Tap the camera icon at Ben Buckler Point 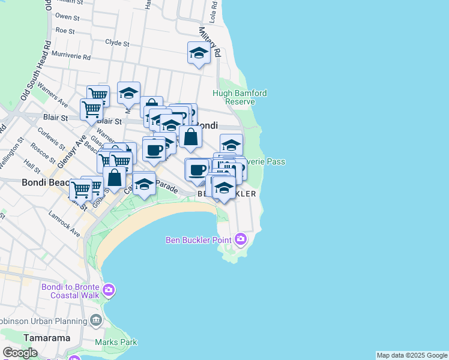(241, 239)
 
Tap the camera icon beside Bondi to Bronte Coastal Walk (108, 291)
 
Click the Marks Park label (116, 342)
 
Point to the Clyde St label (117, 43)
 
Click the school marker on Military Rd (199, 53)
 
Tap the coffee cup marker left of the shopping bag (154, 149)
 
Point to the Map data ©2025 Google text (412, 355)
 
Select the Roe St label (64, 31)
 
